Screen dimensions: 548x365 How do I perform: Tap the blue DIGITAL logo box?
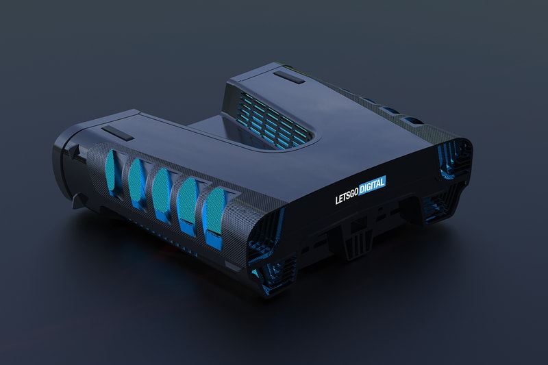pyautogui.click(x=372, y=184)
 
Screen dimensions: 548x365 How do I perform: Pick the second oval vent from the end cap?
pyautogui.click(x=138, y=181)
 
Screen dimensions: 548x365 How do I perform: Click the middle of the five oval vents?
pyautogui.click(x=162, y=192)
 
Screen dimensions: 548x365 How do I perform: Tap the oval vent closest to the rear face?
pyautogui.click(x=214, y=217)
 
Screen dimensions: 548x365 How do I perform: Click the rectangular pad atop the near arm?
pyautogui.click(x=117, y=134)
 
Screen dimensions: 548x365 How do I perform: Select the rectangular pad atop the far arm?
pyautogui.click(x=289, y=77)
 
